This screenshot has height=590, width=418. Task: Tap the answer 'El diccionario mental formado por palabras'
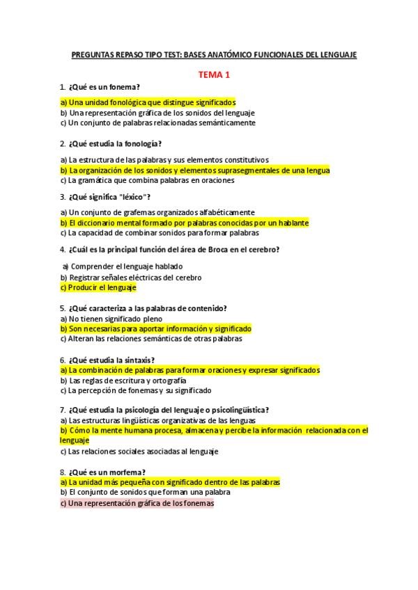[185, 223]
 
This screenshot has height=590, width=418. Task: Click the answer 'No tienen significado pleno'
[106, 318]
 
